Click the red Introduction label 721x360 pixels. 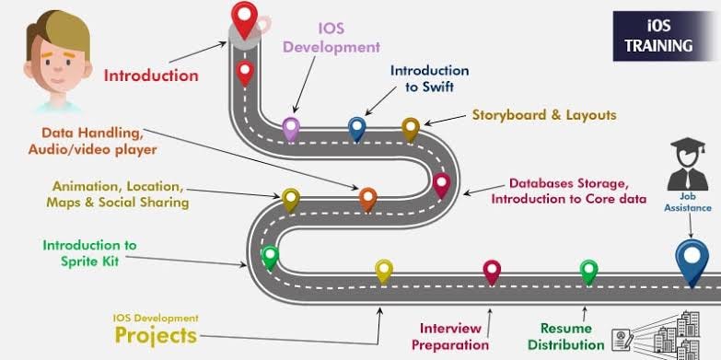pos(150,75)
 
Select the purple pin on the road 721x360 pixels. pos(291,127)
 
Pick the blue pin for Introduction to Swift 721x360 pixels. pos(356,127)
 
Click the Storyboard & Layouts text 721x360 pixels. pos(543,115)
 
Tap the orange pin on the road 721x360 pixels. pos(367,197)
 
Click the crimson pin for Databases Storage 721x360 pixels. pos(441,183)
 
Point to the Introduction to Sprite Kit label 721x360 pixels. pos(89,253)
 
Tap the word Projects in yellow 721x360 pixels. pos(156,334)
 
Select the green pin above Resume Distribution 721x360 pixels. pos(588,271)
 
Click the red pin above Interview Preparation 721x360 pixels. pos(492,271)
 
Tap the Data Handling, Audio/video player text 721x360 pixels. pos(99,141)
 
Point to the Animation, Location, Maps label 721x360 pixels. pos(121,193)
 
